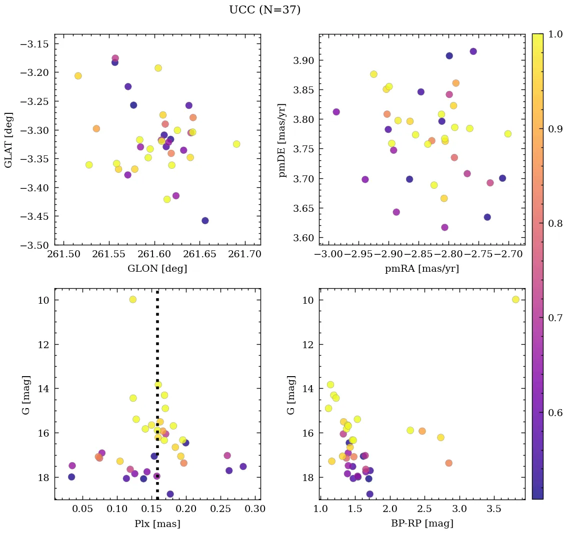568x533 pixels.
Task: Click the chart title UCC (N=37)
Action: click(x=264, y=10)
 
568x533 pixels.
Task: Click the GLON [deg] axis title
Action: click(x=157, y=269)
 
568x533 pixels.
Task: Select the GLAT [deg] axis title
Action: click(x=8, y=140)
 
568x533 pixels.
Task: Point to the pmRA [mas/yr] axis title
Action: click(x=421, y=269)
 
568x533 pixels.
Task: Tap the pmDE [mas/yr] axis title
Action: click(x=282, y=139)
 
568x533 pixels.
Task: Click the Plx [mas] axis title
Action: click(x=157, y=524)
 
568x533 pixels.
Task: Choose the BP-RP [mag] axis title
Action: click(x=421, y=524)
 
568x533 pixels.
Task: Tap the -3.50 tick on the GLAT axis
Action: click(x=36, y=245)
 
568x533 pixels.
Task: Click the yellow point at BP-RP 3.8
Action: click(x=515, y=299)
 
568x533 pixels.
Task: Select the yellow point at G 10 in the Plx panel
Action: click(x=132, y=299)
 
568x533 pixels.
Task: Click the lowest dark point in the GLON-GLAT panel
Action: click(x=205, y=221)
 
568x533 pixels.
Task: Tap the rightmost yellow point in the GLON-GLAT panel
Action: click(x=236, y=144)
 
